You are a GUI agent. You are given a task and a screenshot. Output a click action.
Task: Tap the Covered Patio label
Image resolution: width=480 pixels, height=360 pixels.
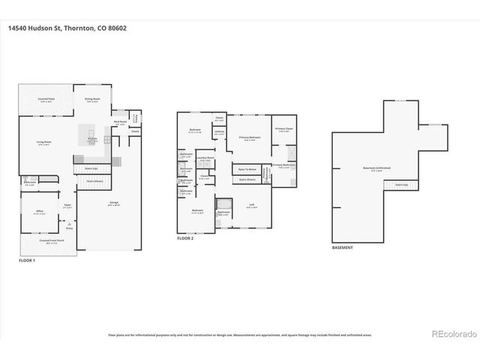tap(46, 99)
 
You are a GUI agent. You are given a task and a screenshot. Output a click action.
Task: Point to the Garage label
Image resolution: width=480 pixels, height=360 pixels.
tap(114, 203)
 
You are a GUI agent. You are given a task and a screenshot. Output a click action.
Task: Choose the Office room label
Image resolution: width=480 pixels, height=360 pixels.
tap(40, 211)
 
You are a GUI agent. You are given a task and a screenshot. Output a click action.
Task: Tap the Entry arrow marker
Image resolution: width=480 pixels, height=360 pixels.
tap(70, 224)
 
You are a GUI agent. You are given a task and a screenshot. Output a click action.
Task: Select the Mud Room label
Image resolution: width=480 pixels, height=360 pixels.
tap(119, 121)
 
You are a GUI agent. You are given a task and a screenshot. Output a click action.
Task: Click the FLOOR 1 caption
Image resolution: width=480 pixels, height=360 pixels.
tap(28, 259)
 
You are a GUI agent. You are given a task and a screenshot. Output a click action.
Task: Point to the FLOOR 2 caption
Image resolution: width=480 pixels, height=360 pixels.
tap(186, 238)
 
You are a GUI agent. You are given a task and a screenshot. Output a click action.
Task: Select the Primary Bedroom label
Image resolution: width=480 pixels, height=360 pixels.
tap(250, 138)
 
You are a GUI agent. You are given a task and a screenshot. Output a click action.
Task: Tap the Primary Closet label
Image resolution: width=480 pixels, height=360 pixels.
tap(283, 128)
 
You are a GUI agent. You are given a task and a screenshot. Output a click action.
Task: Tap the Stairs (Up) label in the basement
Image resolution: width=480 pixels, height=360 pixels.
tap(401, 184)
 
